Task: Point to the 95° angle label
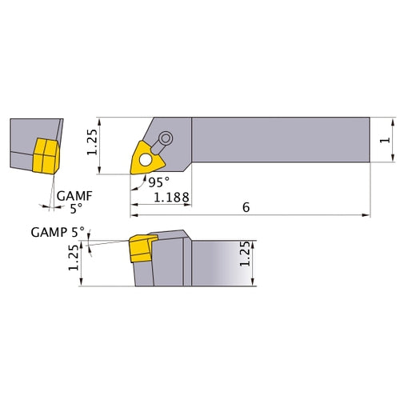(x=158, y=182)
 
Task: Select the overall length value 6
(x=245, y=207)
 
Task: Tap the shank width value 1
(x=386, y=140)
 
